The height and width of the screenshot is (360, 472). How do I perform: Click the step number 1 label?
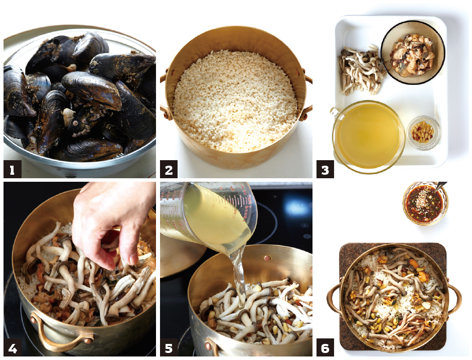[13, 169]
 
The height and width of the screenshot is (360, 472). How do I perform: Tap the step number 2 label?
[169, 169]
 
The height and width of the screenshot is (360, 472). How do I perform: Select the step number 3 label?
[325, 169]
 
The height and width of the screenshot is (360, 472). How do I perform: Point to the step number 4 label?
[13, 347]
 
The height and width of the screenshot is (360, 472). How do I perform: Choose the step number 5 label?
[169, 347]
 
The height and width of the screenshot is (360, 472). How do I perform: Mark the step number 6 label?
[325, 347]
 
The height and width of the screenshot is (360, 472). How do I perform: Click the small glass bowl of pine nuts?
[423, 133]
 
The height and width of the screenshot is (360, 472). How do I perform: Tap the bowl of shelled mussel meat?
[413, 52]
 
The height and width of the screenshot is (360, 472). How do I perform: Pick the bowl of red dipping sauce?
[425, 203]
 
